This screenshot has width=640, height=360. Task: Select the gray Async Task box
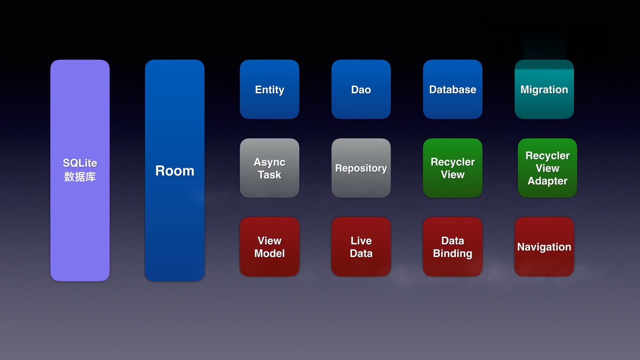point(269,187)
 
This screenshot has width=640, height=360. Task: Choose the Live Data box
point(361,267)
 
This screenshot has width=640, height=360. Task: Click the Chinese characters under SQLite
point(80,177)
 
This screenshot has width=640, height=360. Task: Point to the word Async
point(269,162)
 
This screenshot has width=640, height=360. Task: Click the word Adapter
point(547,181)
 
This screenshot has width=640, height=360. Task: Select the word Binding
point(452,253)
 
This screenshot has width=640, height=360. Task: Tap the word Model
point(269,253)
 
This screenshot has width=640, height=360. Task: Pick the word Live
point(361,241)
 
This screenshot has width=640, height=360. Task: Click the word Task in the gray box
point(269,175)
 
